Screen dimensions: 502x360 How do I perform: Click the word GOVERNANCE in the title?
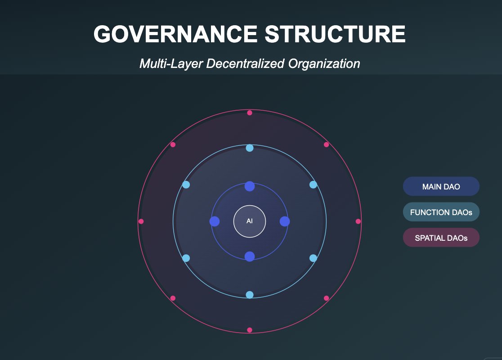pyautogui.click(x=175, y=34)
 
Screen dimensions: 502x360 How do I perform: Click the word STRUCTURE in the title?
pyautogui.click(x=335, y=34)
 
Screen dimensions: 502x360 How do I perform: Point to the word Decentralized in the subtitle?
pyautogui.click(x=245, y=63)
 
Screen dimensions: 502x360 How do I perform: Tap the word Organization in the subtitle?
pyautogui.click(x=324, y=64)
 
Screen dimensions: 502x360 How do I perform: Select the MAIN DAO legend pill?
pyautogui.click(x=441, y=186)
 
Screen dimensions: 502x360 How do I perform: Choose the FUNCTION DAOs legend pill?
pyautogui.click(x=441, y=212)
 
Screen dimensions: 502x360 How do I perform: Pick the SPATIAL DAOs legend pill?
pyautogui.click(x=441, y=238)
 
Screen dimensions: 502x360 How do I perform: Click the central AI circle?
pyautogui.click(x=250, y=221)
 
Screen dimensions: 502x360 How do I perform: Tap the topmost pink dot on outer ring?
pyautogui.click(x=250, y=113)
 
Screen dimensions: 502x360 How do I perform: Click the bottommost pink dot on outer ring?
pyautogui.click(x=250, y=330)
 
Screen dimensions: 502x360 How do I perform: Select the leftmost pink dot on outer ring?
pyautogui.click(x=141, y=221)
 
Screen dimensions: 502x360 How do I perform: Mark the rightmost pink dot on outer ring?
pyautogui.click(x=358, y=221)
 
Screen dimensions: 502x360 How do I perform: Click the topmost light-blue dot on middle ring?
pyautogui.click(x=250, y=148)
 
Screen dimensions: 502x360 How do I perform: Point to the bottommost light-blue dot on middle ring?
pyautogui.click(x=250, y=295)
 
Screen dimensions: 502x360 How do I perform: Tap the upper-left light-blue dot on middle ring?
pyautogui.click(x=186, y=185)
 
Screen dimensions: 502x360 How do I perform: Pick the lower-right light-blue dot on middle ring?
pyautogui.click(x=313, y=258)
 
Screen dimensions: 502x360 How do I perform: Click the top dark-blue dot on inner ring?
pyautogui.click(x=250, y=186)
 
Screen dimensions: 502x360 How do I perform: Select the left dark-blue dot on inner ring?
pyautogui.click(x=215, y=221)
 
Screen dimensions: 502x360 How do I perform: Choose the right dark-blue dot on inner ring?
pyautogui.click(x=285, y=221)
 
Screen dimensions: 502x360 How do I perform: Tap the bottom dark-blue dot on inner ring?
pyautogui.click(x=250, y=256)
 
